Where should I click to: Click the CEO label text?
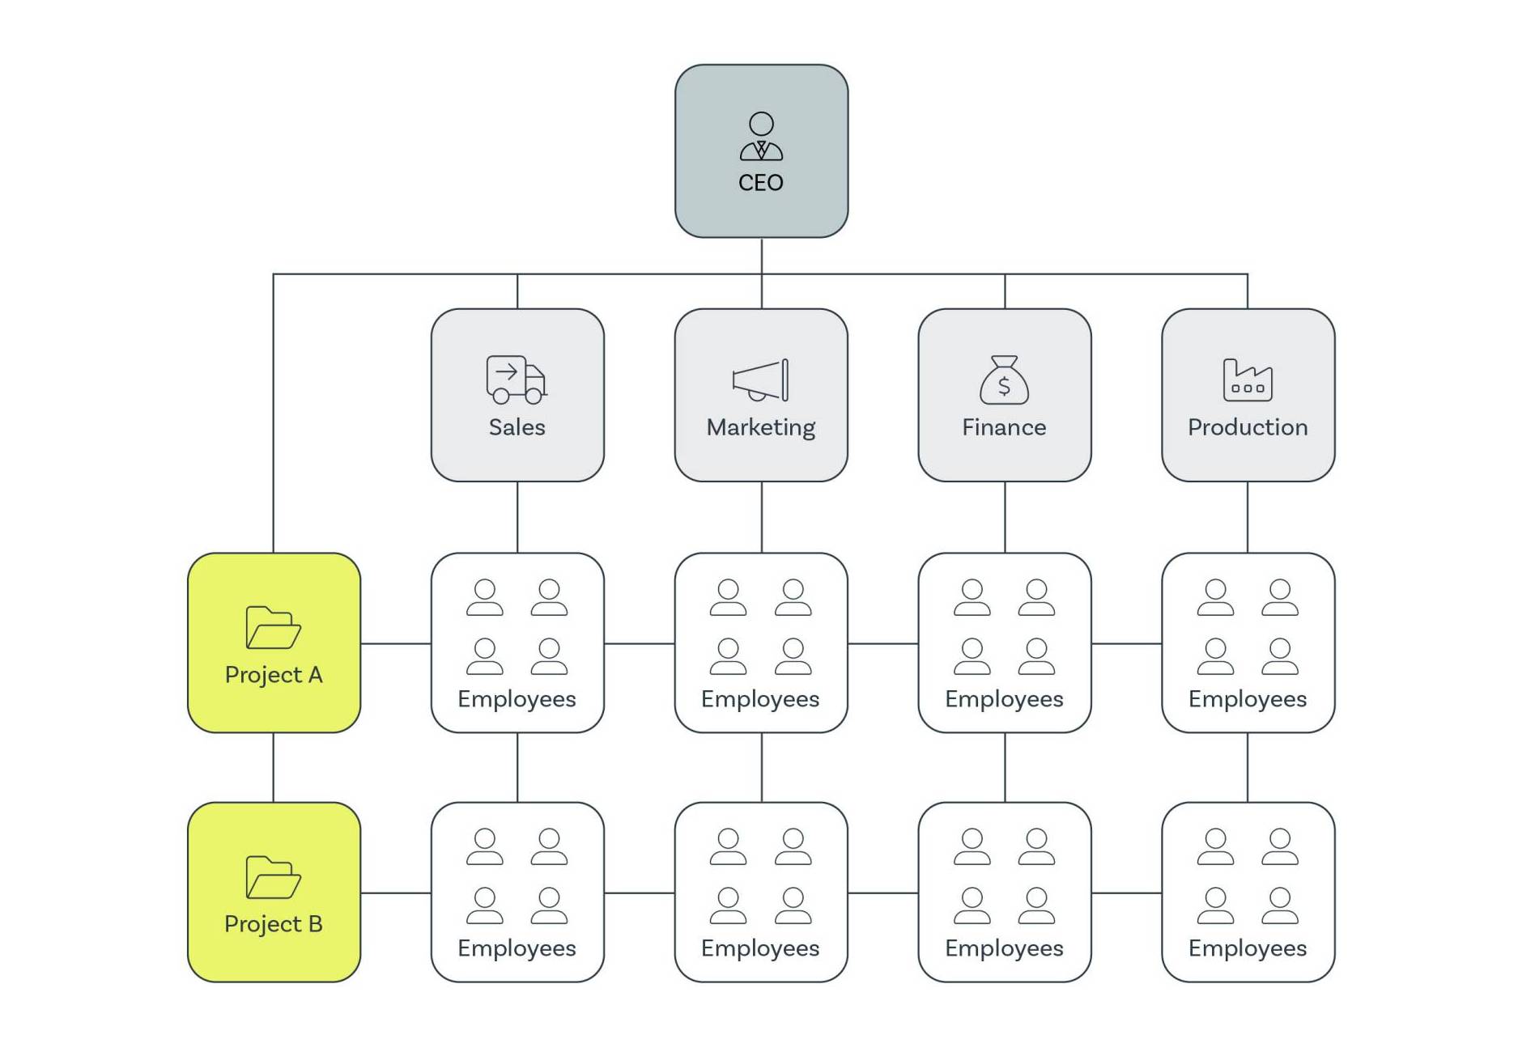point(760,183)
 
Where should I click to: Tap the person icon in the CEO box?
point(761,137)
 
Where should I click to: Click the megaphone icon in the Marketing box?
point(760,380)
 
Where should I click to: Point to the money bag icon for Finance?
point(1004,380)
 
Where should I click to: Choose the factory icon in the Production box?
point(1247,380)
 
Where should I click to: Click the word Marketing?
point(760,427)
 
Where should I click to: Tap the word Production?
point(1247,427)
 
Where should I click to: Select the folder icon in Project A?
point(273,627)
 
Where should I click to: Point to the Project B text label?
point(273,924)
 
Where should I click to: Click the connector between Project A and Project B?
point(274,767)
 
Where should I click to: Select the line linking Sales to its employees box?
point(517,517)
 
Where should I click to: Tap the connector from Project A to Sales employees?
point(395,644)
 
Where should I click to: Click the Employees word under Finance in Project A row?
point(1004,699)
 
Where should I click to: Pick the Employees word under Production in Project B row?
point(1247,948)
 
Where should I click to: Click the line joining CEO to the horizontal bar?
point(761,256)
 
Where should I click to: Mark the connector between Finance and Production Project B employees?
point(1126,893)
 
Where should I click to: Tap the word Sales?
point(517,427)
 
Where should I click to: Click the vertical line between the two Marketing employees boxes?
point(761,767)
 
